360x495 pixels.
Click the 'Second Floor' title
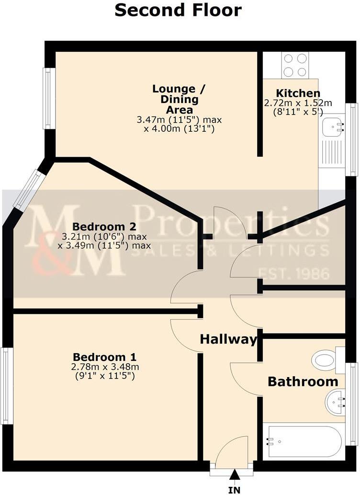178,10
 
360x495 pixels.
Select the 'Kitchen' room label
298,93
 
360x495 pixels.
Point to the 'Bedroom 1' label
104,357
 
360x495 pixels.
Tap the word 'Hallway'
228,340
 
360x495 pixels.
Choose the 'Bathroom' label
303,382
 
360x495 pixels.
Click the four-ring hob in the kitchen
295,65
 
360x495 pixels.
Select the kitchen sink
334,127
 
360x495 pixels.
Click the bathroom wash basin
336,402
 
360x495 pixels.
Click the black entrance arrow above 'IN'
235,474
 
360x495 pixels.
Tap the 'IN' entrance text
235,490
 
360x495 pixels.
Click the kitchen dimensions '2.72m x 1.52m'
298,103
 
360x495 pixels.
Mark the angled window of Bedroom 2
29,190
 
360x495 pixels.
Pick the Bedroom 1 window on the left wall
5,386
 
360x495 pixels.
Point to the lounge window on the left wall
47,99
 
